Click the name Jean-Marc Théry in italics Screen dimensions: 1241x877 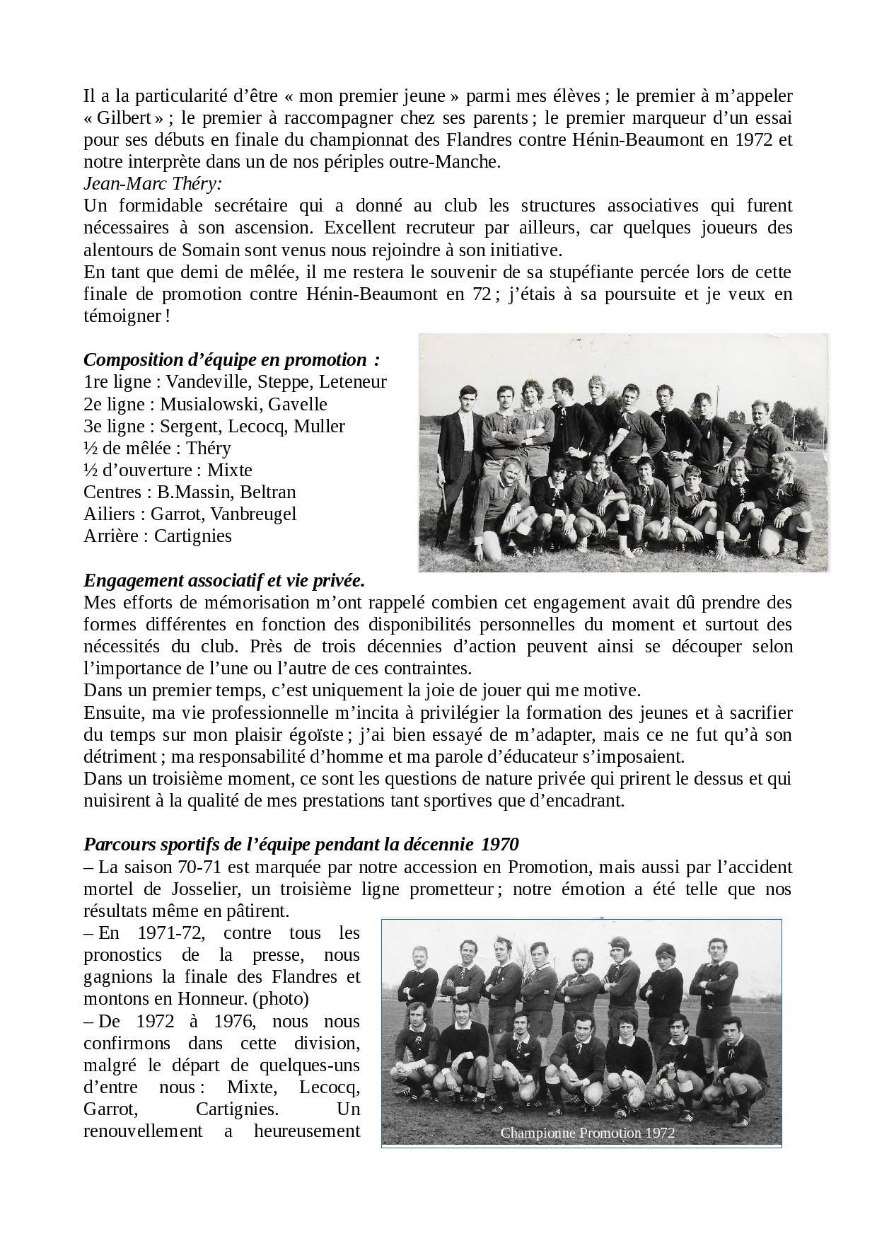pos(152,184)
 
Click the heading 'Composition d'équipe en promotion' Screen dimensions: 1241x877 pos(231,360)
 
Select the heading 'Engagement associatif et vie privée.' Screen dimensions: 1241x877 pos(224,581)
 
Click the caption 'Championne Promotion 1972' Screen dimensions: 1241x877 pos(587,1133)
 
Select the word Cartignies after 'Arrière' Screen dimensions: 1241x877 pos(192,536)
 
